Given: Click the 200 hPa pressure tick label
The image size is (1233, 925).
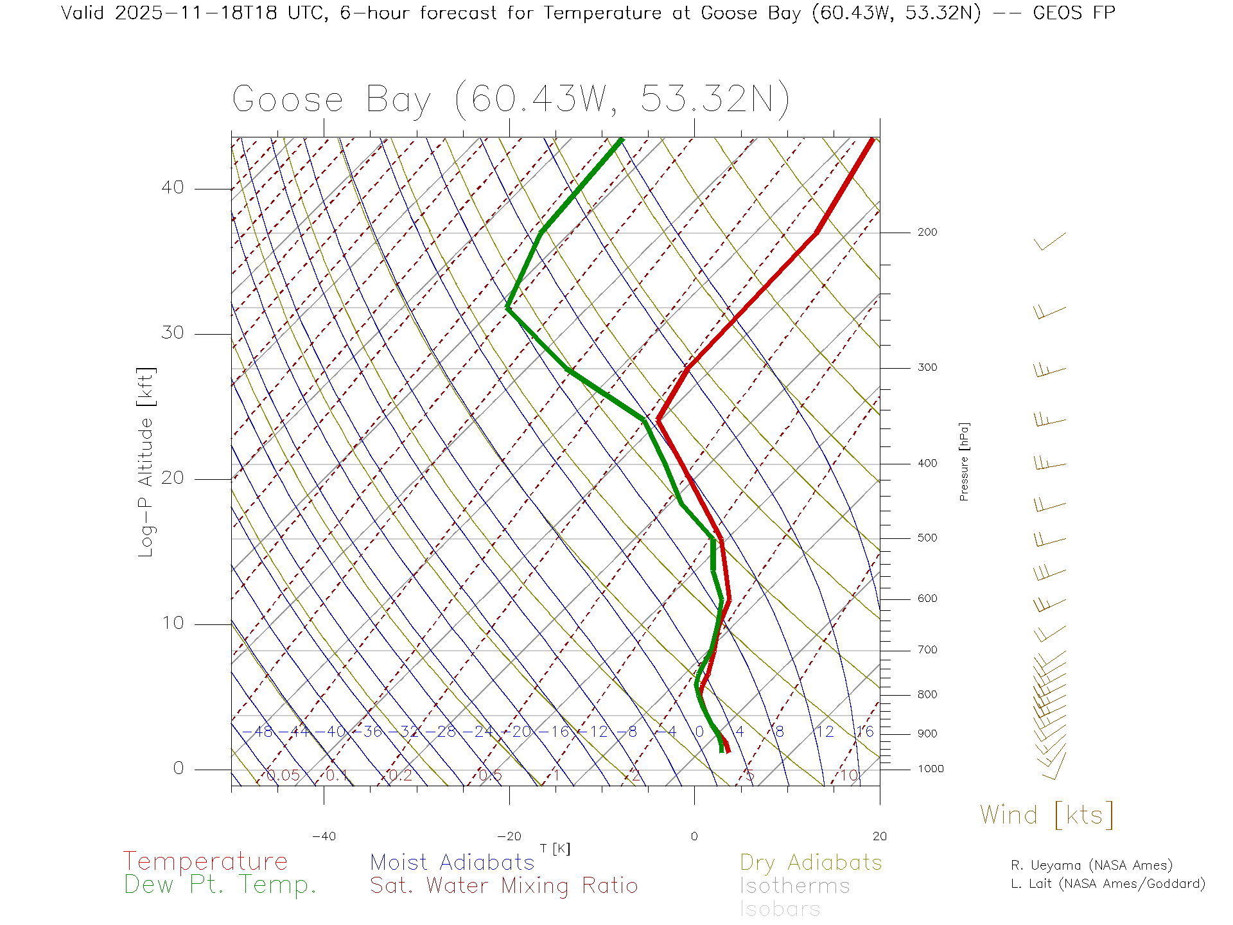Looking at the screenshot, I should [x=927, y=233].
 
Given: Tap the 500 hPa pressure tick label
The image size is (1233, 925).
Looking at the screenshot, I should [x=927, y=538].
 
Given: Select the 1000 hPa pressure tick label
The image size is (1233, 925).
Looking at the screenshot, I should [x=930, y=769].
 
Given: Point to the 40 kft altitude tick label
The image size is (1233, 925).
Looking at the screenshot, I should [x=172, y=188].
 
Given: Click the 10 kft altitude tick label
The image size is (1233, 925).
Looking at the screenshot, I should [x=172, y=623].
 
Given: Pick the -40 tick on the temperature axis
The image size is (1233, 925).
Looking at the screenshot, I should [x=324, y=836].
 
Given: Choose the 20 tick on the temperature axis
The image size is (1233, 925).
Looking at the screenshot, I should [x=879, y=836].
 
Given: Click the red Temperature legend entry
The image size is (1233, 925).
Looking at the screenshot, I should [x=205, y=861].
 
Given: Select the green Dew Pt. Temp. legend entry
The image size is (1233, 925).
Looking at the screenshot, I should [x=220, y=885].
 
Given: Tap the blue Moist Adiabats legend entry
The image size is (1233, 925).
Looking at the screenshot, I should [x=452, y=863].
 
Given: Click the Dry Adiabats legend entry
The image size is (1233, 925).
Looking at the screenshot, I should [x=810, y=863].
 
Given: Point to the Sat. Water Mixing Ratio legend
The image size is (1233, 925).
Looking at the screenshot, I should [x=503, y=886].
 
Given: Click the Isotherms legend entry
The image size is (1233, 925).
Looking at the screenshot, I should [x=794, y=886].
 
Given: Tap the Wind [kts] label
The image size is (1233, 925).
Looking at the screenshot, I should [x=1047, y=815].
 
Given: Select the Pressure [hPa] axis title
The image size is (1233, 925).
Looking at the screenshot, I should [x=964, y=462].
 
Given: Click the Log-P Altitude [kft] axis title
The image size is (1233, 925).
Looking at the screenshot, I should [x=146, y=462].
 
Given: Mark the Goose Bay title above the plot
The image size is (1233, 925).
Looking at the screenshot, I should [x=511, y=100].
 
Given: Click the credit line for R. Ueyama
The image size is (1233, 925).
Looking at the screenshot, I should [x=1091, y=865].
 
